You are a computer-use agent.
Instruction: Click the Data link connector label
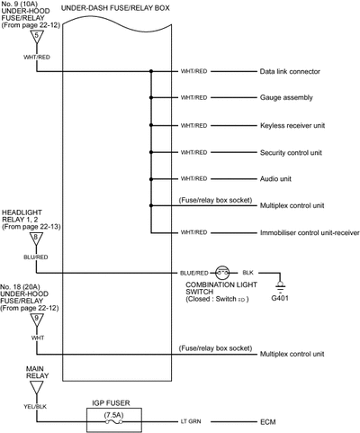[290, 71]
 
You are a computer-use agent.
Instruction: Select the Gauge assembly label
[286, 97]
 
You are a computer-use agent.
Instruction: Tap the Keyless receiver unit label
[292, 125]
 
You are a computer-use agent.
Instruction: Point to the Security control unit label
[291, 152]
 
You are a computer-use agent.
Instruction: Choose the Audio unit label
[275, 179]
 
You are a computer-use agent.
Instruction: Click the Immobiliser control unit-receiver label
[310, 232]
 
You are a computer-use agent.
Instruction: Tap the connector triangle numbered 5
[37, 37]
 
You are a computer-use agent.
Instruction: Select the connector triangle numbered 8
[36, 239]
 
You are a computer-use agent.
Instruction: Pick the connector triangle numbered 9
[37, 320]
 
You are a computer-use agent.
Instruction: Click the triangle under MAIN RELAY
[37, 388]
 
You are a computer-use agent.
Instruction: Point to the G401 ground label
[280, 298]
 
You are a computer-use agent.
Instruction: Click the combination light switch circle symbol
[222, 273]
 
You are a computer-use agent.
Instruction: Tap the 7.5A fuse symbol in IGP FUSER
[114, 422]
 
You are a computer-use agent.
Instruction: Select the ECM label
[267, 422]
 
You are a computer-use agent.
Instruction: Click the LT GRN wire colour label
[191, 421]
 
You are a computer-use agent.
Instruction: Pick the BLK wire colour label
[247, 273]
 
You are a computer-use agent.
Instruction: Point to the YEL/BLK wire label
[35, 407]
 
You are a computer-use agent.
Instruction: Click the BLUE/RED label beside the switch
[193, 273]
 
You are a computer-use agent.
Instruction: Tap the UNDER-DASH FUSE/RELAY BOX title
[115, 8]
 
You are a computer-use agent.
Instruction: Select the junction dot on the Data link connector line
[151, 71]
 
